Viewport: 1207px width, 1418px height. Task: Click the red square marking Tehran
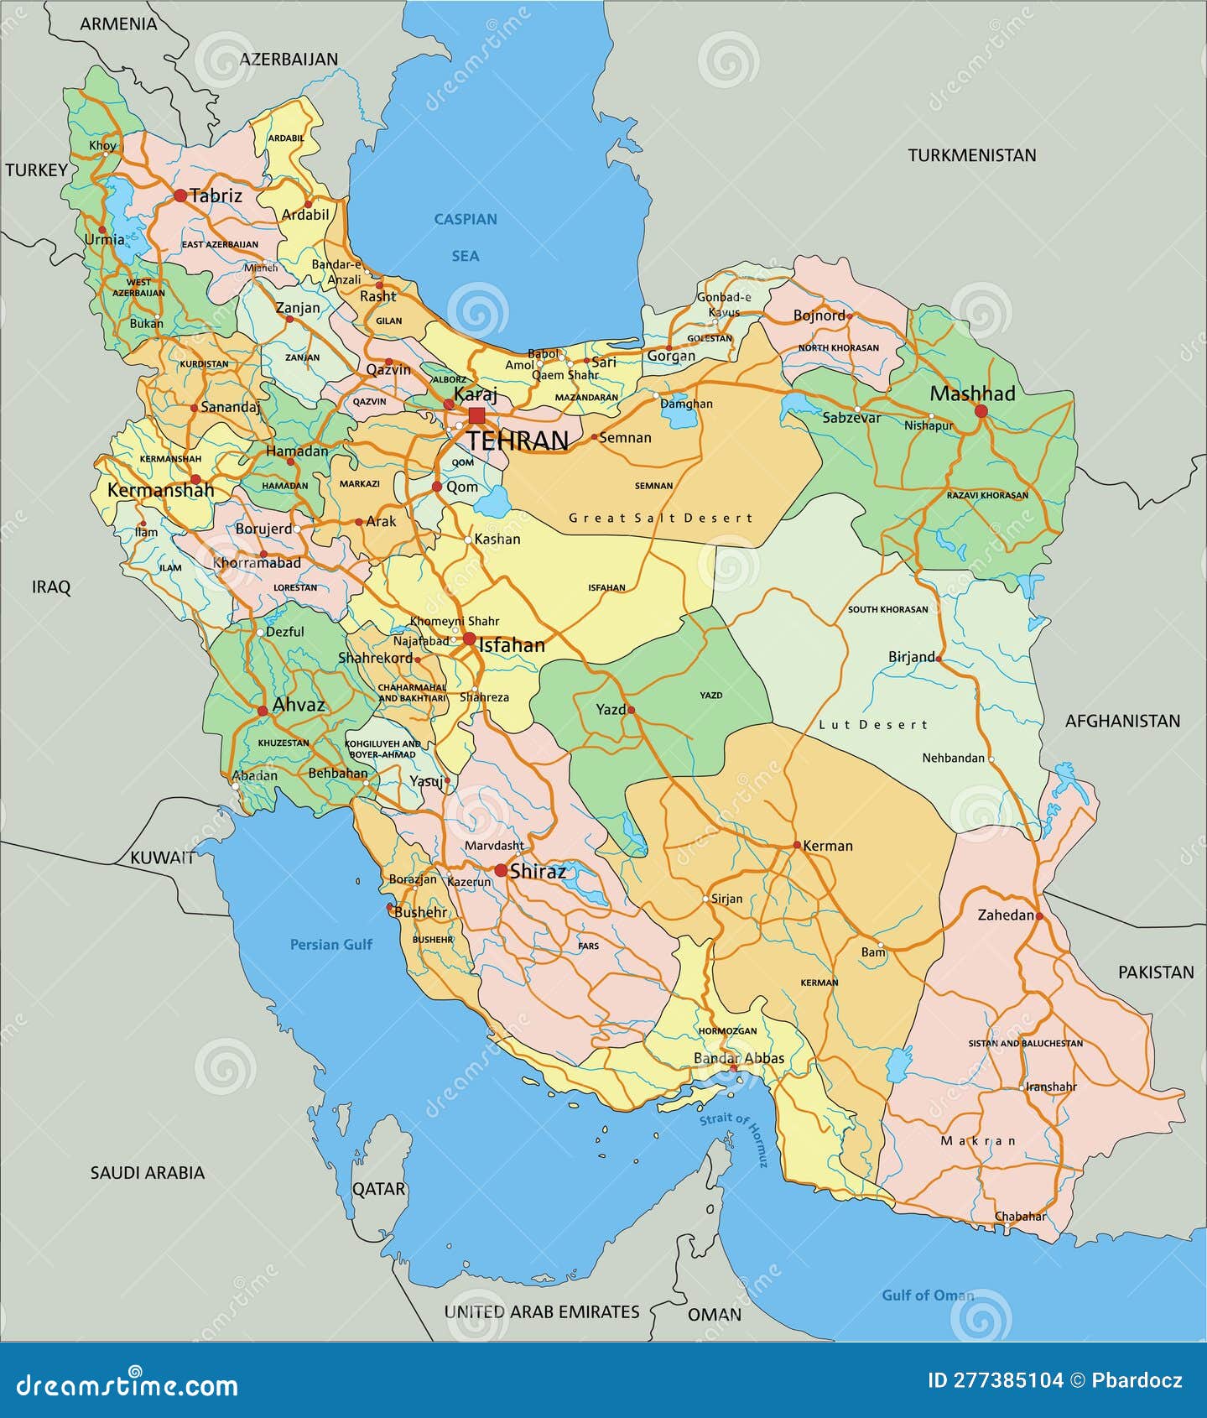coord(476,415)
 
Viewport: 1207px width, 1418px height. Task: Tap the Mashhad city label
coord(971,394)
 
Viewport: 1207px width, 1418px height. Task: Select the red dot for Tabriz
coord(180,195)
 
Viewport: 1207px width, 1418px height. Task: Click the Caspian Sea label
coord(466,237)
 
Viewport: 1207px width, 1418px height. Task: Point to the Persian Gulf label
coord(330,945)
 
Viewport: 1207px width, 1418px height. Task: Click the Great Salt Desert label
coord(660,518)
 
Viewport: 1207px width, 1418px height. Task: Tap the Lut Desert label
coord(873,724)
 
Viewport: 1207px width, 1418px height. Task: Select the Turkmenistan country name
coord(971,155)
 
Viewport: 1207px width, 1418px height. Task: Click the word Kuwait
coord(162,858)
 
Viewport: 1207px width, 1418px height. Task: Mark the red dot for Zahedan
coord(1039,916)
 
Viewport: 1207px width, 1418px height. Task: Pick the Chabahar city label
coord(1020,1216)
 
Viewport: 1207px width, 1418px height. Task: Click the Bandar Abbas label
coord(739,1058)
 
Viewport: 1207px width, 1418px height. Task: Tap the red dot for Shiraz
coord(501,871)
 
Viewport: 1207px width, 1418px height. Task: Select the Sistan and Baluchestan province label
coord(1025,1044)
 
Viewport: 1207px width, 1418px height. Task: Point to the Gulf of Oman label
coord(928,1295)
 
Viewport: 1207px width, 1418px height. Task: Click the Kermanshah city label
coord(160,490)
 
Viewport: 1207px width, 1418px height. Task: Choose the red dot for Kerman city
coord(797,845)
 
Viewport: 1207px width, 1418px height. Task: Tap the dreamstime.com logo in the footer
coord(127,1384)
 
